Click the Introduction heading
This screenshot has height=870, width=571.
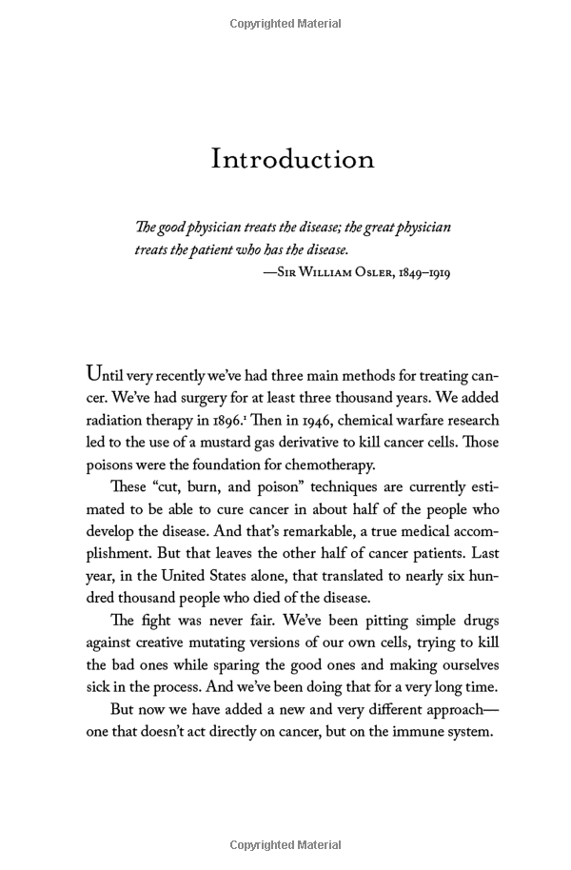click(292, 158)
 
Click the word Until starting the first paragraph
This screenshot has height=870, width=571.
click(107, 373)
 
